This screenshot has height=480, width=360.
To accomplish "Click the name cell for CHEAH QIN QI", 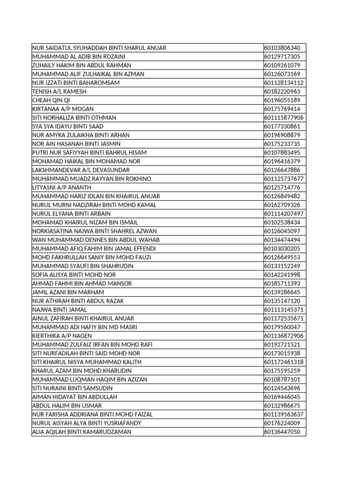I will [x=51, y=100].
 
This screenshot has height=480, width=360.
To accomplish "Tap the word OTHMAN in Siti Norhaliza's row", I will [x=103, y=118].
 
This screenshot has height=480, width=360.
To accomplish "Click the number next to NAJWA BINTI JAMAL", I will [x=284, y=310].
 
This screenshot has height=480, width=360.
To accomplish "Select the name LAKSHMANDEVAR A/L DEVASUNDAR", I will [x=81, y=170].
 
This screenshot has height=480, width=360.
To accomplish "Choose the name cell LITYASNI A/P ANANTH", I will [x=61, y=187].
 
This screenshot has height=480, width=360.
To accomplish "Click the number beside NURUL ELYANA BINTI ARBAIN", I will [x=284, y=214].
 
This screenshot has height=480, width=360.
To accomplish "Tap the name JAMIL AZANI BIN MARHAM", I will [x=68, y=292].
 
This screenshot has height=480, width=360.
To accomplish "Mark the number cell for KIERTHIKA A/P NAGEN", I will [x=284, y=336].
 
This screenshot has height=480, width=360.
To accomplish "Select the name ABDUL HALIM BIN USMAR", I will [x=67, y=406].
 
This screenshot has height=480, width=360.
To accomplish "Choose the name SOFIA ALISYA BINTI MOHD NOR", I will [x=74, y=275].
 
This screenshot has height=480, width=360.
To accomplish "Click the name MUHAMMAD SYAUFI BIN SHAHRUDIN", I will [x=82, y=266].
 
